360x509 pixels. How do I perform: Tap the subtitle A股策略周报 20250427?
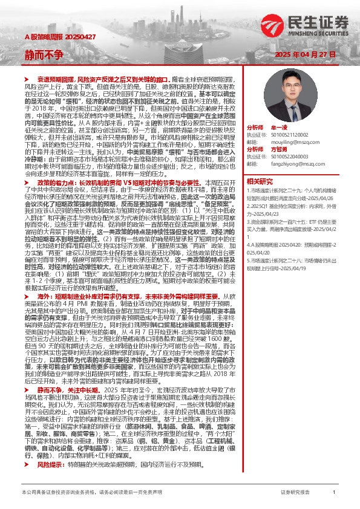click(x=46, y=37)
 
